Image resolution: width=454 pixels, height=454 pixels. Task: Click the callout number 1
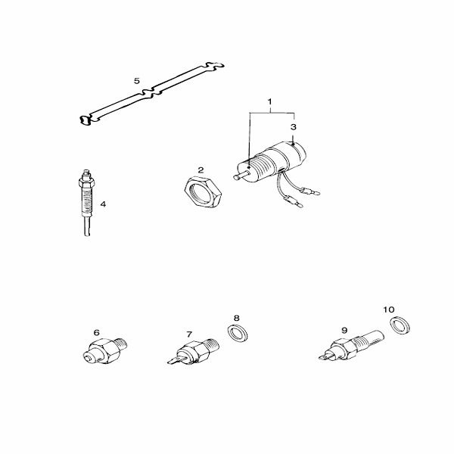(x=270, y=102)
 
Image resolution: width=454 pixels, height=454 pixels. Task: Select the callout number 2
(x=201, y=170)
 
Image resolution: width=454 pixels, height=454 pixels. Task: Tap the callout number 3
(x=294, y=127)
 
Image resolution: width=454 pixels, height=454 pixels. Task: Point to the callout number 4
(x=103, y=204)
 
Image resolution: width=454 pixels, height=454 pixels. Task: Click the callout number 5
(x=137, y=81)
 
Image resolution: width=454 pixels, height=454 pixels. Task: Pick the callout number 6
(x=96, y=333)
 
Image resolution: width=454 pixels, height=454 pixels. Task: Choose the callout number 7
(x=189, y=334)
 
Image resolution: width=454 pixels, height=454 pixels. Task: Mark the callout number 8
(x=237, y=319)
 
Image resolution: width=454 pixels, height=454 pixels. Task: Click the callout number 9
(x=344, y=331)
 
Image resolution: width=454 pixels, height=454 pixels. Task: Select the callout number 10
(x=389, y=309)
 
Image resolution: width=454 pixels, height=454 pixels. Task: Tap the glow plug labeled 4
(x=86, y=202)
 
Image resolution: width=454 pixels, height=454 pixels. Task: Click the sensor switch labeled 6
(x=104, y=350)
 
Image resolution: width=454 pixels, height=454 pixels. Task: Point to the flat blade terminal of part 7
(x=175, y=361)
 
